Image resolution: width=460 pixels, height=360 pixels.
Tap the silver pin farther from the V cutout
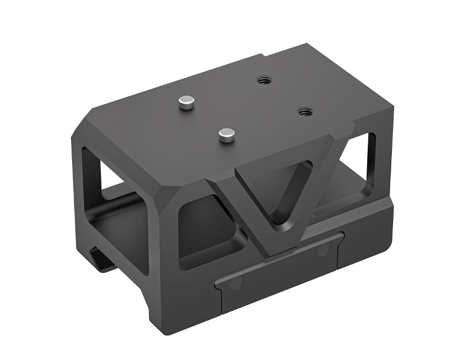(186, 102)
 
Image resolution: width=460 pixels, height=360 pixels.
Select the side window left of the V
(209, 229)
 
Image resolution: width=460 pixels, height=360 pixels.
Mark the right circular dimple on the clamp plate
(322, 250)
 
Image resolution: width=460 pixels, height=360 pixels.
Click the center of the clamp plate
(278, 269)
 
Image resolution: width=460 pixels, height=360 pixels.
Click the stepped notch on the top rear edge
(265, 56)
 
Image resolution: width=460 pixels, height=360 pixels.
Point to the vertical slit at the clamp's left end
(219, 300)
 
